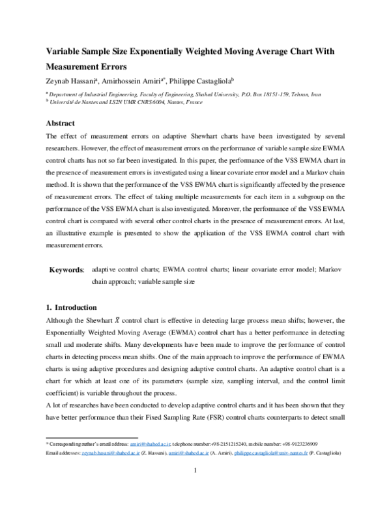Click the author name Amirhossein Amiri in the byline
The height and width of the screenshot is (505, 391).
tap(133, 81)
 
